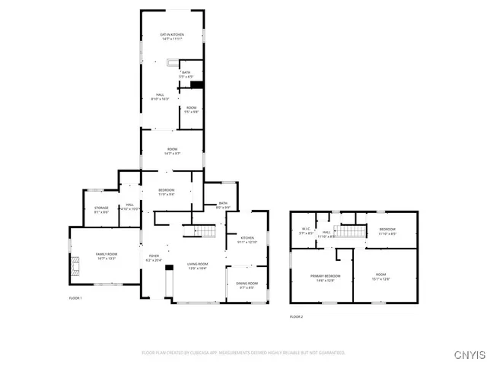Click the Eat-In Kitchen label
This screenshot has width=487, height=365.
tap(172, 36)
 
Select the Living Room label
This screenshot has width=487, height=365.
tap(197, 265)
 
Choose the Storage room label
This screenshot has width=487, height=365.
tap(101, 210)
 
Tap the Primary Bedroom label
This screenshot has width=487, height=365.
tap(325, 278)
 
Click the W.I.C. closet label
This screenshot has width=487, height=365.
tap(307, 232)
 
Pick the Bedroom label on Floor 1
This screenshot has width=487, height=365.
tap(167, 192)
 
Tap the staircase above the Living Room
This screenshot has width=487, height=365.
tap(205, 231)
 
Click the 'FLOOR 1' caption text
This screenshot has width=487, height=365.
tap(75, 297)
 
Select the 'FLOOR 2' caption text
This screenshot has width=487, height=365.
tap(296, 316)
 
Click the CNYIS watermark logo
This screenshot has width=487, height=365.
tap(466, 354)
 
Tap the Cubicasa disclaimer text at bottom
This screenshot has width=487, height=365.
tap(243, 353)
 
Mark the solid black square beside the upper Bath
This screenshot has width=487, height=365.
tap(197, 85)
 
